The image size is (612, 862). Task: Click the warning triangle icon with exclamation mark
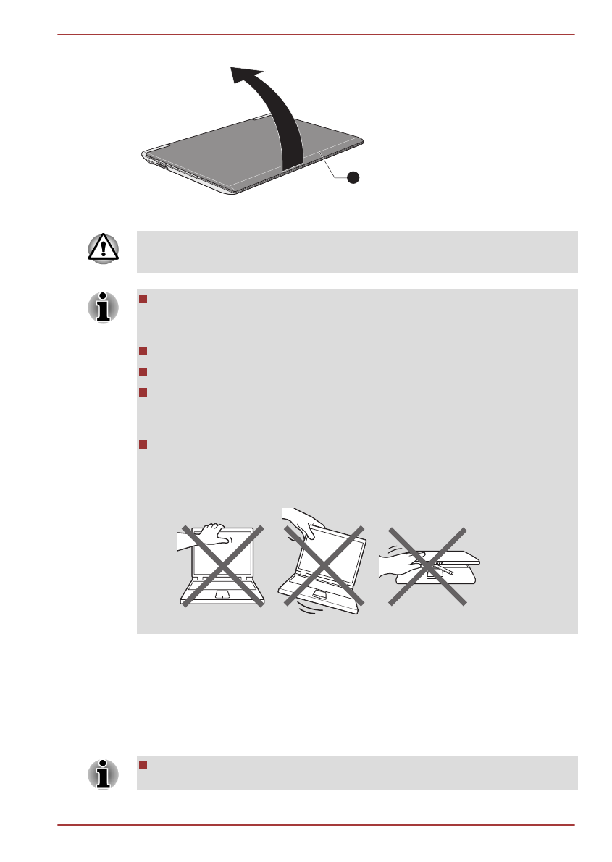(103, 248)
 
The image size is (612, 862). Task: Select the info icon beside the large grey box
(103, 307)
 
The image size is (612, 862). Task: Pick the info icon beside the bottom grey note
(103, 773)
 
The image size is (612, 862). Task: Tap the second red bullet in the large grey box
(143, 351)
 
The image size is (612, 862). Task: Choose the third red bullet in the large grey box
(143, 371)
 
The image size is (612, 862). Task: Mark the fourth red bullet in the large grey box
(143, 392)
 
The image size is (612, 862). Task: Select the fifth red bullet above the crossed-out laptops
(143, 444)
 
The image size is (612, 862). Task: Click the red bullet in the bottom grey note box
(143, 766)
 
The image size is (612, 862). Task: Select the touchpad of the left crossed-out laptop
(222, 593)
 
